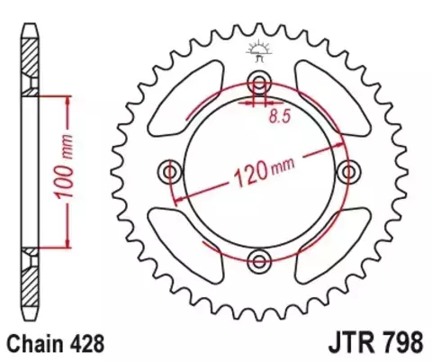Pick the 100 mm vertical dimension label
pyautogui.click(x=86, y=171)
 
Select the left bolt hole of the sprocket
pyautogui.click(x=167, y=170)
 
